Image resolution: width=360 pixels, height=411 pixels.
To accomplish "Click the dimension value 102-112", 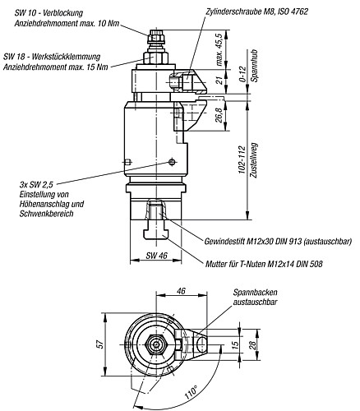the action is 242,159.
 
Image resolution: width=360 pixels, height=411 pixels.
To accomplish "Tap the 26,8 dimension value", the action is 219,115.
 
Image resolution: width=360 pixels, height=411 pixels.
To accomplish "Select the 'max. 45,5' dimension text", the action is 219,49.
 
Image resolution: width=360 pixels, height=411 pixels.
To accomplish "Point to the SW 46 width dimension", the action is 156,256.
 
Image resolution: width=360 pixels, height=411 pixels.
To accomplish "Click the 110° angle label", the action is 191,392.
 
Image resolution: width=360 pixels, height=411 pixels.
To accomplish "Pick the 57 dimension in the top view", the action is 101,344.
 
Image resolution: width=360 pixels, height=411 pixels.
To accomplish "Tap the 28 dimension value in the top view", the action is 252,344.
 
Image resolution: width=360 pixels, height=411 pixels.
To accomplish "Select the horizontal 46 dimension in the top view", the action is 182,290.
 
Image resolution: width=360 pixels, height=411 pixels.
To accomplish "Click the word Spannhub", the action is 254,66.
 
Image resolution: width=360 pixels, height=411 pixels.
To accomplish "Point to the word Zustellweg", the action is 254,160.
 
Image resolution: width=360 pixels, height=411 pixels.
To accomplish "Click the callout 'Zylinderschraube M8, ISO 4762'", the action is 256,12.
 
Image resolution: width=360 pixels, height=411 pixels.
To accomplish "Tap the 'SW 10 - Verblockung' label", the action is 48,13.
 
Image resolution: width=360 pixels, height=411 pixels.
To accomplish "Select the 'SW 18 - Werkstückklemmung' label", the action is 52,57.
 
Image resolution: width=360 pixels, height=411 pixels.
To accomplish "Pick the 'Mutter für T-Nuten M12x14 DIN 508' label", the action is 264,264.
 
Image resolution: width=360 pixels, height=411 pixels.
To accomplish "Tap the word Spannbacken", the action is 255,293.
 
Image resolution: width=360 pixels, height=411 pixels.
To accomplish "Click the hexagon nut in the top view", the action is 155,344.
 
